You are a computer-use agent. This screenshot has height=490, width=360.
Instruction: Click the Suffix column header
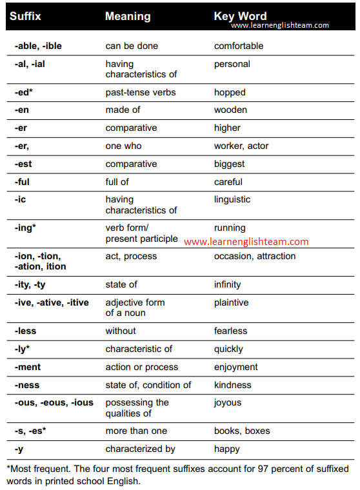(25, 16)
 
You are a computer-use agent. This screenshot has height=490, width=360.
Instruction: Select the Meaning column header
(128, 16)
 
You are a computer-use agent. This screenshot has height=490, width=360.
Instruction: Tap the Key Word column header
(240, 16)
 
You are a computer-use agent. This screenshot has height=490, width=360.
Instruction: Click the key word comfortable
(239, 46)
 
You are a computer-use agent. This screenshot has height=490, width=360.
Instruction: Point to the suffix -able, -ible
(38, 46)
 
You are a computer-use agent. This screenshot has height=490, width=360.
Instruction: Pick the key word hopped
(230, 92)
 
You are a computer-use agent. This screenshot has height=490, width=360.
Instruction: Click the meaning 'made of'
(123, 110)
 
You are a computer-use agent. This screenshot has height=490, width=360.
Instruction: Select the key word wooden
(230, 110)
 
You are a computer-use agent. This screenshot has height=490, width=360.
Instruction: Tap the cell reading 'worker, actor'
(242, 146)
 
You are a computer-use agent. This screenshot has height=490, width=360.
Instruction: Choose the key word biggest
(229, 164)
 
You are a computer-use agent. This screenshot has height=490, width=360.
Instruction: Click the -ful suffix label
(23, 182)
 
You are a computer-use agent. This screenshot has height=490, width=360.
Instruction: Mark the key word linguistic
(232, 200)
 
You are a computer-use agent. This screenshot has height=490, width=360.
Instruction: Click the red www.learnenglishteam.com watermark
(246, 242)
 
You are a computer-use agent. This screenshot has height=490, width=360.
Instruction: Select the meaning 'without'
(121, 331)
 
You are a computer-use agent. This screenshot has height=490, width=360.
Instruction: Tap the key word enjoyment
(235, 367)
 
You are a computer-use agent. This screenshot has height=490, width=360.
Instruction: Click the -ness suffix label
(26, 385)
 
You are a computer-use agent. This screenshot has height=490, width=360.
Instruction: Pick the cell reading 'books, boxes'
(242, 431)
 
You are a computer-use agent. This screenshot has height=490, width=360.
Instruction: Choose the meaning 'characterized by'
(140, 449)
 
